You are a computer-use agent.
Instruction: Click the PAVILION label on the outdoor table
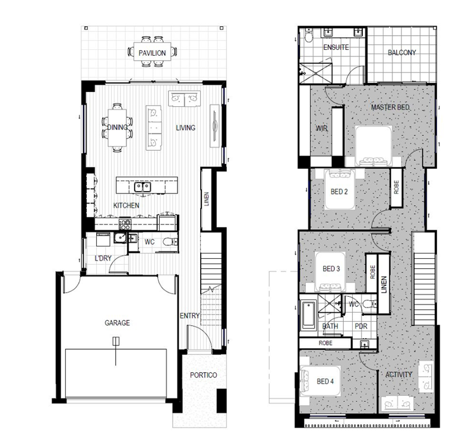tap(152, 53)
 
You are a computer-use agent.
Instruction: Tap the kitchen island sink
tap(142, 187)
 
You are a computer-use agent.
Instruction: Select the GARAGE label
tap(117, 323)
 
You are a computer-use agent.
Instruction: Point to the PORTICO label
tap(204, 375)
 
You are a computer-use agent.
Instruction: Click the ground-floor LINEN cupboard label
tap(207, 199)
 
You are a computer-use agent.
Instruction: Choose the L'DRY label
tap(103, 258)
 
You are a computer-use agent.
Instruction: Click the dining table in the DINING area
tap(117, 128)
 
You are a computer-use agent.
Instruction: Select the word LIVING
tap(185, 128)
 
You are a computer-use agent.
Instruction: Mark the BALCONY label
tap(402, 53)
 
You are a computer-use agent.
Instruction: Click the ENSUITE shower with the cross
tap(315, 72)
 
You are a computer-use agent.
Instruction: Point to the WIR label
tap(322, 128)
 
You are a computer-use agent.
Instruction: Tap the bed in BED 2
tap(340, 189)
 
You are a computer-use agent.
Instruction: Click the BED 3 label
tap(331, 269)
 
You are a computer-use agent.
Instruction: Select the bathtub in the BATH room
tap(309, 315)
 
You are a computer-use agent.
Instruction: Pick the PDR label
tap(361, 326)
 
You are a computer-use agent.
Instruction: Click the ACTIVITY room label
tap(398, 375)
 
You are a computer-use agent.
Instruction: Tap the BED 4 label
tap(325, 381)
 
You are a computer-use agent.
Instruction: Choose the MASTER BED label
tap(390, 107)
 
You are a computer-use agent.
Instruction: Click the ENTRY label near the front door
tap(189, 316)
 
